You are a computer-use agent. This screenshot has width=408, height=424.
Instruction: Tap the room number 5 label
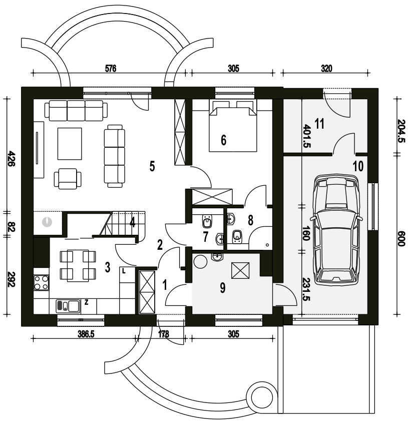pos(152,166)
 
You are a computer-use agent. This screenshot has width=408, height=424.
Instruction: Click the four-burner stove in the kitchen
pos(42,282)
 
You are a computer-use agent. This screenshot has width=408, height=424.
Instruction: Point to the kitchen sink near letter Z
pos(68,306)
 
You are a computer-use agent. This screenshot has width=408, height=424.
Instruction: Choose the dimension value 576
pos(111,69)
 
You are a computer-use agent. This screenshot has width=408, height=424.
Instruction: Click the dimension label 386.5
pos(86,334)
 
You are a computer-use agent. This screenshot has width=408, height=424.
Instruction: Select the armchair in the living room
pos(68,179)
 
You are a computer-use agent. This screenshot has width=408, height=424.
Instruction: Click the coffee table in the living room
pos(70,144)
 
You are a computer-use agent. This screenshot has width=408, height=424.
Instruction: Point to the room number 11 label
pos(319,124)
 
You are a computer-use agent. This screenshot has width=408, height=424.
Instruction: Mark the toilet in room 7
pos(207,221)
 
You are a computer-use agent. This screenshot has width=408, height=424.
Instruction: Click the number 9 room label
pos(222,288)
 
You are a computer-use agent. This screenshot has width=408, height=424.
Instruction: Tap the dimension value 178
pos(163,334)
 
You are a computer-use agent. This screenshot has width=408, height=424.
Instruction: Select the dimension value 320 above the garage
pos(326,69)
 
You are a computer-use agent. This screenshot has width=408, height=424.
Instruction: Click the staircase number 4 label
pos(132,223)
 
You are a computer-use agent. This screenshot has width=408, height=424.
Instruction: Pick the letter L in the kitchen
pos(124,271)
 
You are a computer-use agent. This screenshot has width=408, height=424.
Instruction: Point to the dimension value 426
pos(11,159)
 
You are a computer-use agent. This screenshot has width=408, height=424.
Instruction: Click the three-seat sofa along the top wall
pos(76,111)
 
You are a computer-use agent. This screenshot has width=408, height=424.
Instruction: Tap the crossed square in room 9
pos(240,270)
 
